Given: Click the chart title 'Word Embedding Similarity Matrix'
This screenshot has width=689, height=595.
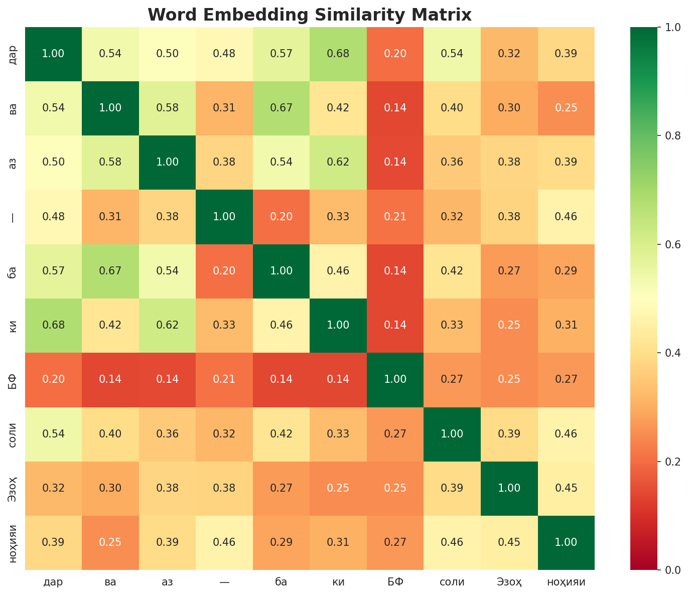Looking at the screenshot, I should pyautogui.click(x=309, y=15).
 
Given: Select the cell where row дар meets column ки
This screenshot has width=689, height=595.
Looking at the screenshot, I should pyautogui.click(x=338, y=54).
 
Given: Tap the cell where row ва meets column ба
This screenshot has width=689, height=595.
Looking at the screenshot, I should pyautogui.click(x=281, y=108).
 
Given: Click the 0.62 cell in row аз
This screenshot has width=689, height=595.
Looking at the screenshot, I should pyautogui.click(x=338, y=162).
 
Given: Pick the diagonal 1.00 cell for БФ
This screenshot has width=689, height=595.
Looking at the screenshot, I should pyautogui.click(x=395, y=379).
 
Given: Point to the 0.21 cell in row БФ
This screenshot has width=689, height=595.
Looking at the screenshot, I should pyautogui.click(x=224, y=379).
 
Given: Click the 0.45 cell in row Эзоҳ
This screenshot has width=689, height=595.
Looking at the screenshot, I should pyautogui.click(x=566, y=488).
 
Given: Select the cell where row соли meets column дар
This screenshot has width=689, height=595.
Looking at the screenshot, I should pyautogui.click(x=53, y=434).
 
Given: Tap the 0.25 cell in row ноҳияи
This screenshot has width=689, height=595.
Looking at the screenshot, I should pyautogui.click(x=110, y=542).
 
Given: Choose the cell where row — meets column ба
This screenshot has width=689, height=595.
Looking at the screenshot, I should pyautogui.click(x=281, y=217).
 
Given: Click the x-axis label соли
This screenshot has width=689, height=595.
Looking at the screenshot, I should pyautogui.click(x=452, y=582).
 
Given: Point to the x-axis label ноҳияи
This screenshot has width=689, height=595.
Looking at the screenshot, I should pyautogui.click(x=566, y=582).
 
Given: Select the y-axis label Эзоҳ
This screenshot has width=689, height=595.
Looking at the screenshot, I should pyautogui.click(x=15, y=488).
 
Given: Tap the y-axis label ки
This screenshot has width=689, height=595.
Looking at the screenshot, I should pyautogui.click(x=15, y=325).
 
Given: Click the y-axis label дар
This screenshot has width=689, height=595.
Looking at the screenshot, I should pyautogui.click(x=15, y=54).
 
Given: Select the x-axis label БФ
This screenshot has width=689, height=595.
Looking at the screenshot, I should pyautogui.click(x=395, y=582).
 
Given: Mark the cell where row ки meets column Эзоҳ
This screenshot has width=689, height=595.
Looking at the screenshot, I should pyautogui.click(x=509, y=325).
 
